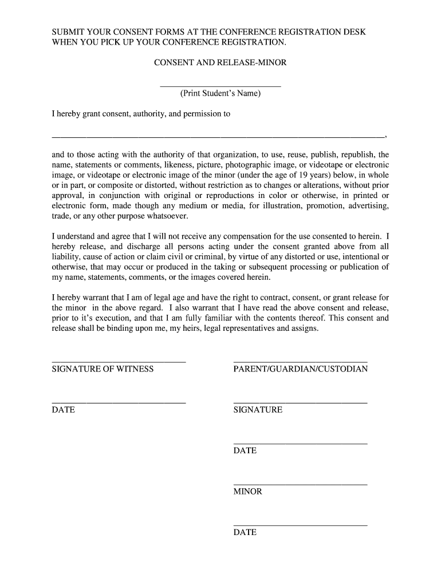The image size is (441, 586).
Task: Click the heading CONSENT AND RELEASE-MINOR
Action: pos(220,63)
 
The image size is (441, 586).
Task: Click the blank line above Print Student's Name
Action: pos(220,86)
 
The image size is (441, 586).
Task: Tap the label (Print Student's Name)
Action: pos(220,93)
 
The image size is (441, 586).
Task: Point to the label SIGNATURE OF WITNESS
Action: pos(103,369)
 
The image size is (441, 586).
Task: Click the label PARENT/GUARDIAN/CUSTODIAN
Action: pos(300,369)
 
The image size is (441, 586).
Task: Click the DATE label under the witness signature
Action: pos(63,410)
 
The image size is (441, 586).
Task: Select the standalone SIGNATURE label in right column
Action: pos(258,410)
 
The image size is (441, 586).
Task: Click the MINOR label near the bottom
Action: pos(247,492)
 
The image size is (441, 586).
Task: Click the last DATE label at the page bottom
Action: pos(245,533)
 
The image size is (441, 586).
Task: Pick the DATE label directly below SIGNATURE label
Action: pos(245,451)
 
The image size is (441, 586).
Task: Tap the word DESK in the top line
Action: pos(353,32)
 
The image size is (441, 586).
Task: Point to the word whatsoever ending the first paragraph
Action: pos(166,216)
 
